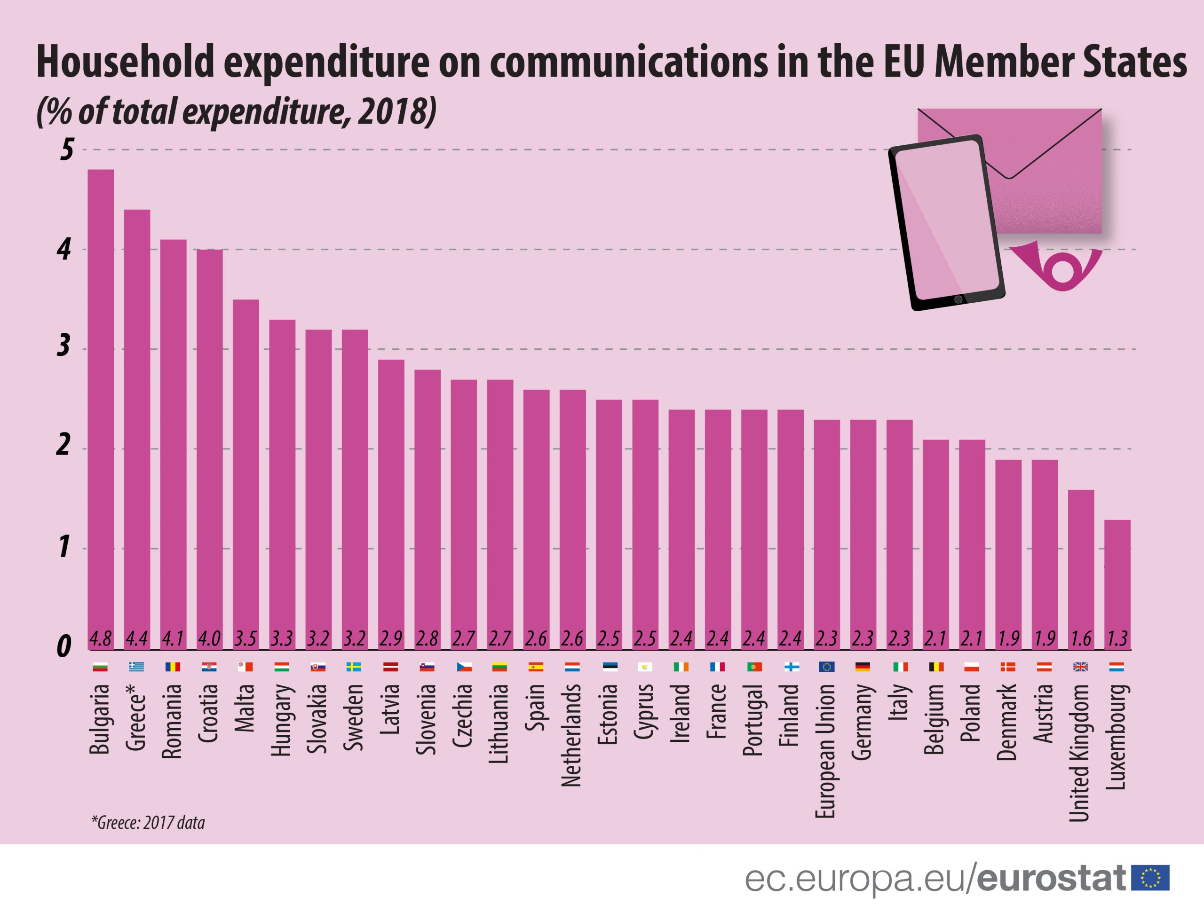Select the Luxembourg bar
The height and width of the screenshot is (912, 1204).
coord(1117,584)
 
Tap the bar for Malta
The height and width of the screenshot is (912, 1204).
coord(246,474)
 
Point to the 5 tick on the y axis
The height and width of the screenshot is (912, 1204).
coord(66,149)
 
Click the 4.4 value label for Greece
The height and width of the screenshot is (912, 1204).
coord(136,638)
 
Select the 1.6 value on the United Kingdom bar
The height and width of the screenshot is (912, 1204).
coord(1081,638)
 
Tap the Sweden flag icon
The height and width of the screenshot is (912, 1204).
coord(354,667)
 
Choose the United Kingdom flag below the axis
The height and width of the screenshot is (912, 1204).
coord(1080,667)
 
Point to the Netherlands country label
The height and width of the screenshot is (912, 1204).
coord(571,735)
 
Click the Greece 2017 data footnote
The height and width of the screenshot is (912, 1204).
coord(148,822)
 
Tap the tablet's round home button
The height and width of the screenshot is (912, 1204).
coord(958,300)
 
